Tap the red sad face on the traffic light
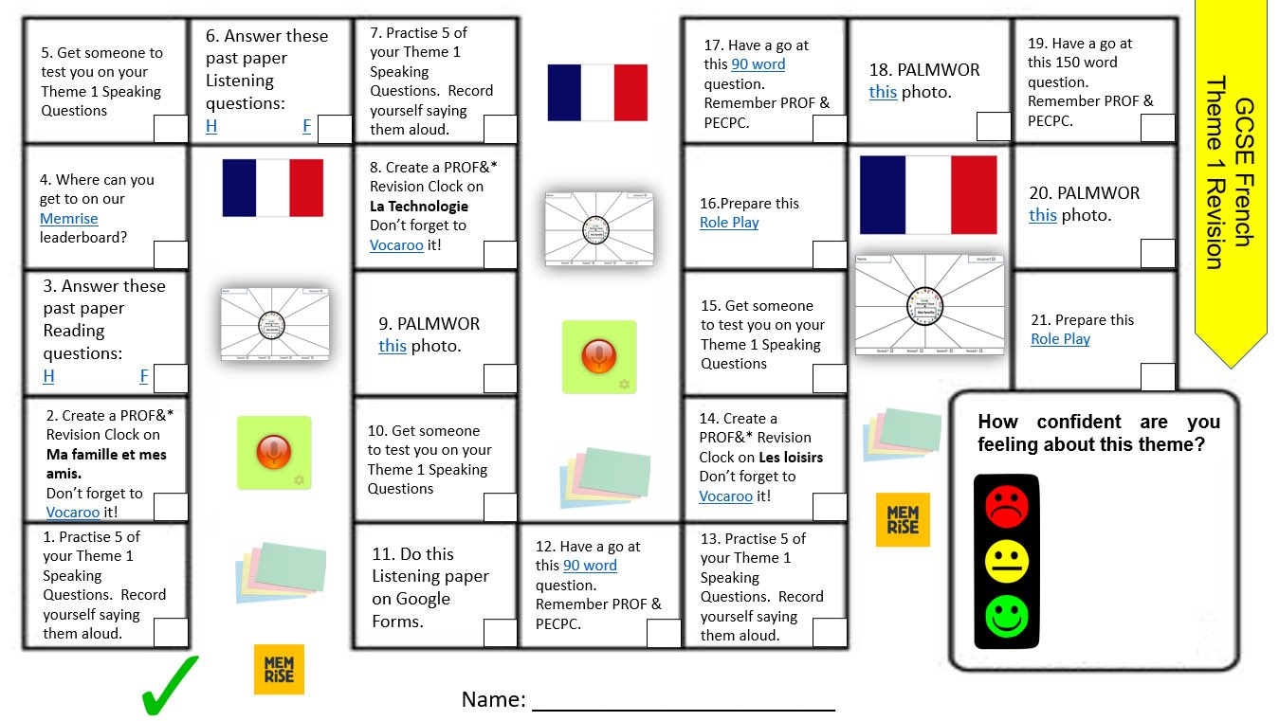point(1006,505)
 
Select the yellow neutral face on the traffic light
point(1006,562)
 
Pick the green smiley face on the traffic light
point(1006,617)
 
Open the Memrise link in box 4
point(68,219)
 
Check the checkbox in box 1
point(171,632)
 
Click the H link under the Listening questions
point(210,126)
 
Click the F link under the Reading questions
point(144,376)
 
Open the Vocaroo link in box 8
point(396,245)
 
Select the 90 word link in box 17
point(758,64)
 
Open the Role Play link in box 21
point(1060,339)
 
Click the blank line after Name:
point(683,701)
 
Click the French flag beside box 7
point(597,93)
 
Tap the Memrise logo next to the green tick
point(279,669)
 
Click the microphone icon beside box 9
point(599,357)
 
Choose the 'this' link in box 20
point(1042,215)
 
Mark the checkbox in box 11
point(500,633)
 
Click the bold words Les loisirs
point(791,457)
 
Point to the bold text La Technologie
point(419,207)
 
